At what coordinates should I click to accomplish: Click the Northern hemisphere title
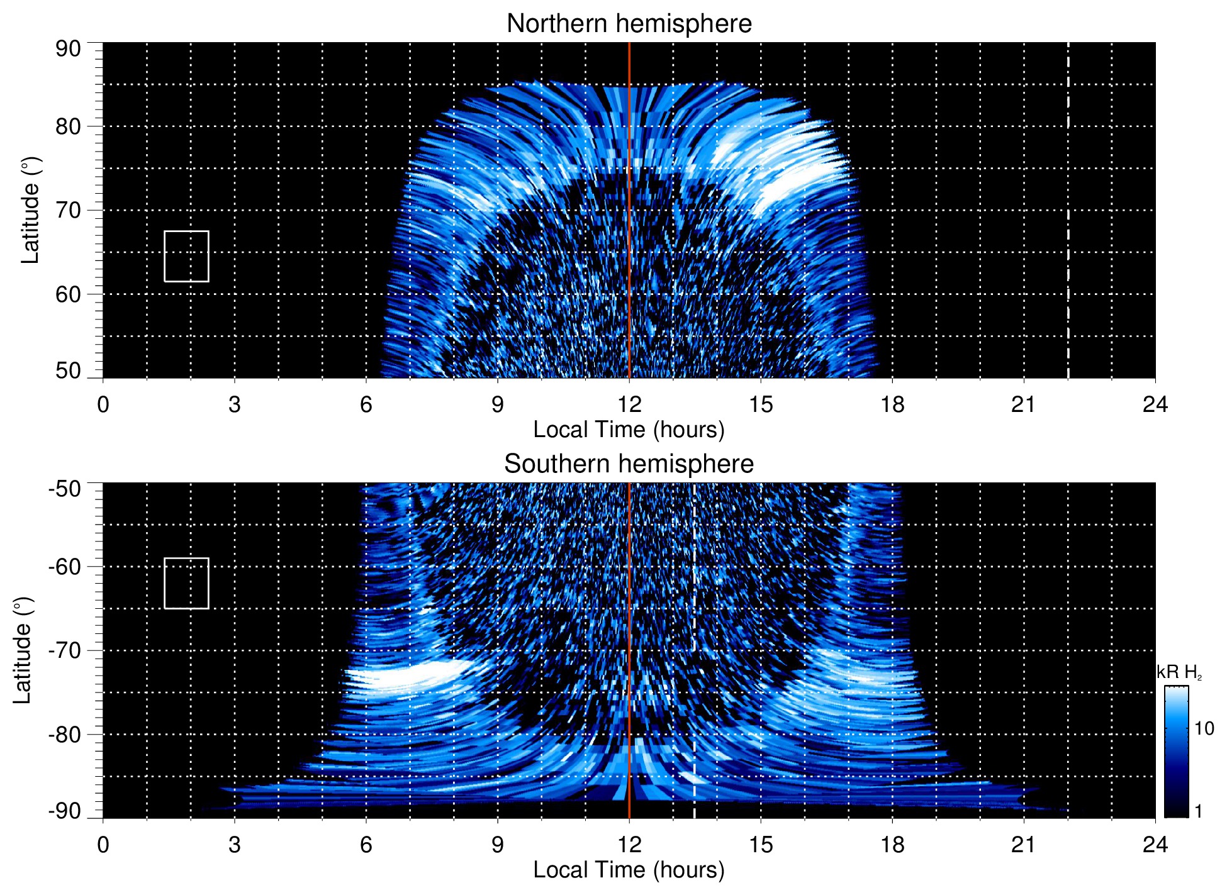point(629,24)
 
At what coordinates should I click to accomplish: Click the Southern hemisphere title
point(629,464)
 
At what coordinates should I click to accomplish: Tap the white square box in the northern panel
point(186,256)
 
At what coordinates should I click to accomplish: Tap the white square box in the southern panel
point(186,583)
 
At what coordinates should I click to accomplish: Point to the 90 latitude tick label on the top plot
point(68,49)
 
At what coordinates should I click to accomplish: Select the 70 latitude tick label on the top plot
point(68,210)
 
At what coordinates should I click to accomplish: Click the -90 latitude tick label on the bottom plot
point(65,811)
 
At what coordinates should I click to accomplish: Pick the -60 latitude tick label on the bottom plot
point(65,567)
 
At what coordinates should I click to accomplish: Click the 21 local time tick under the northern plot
point(1023,404)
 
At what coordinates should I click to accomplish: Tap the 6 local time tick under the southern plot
point(366,845)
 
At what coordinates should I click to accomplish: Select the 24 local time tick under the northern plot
point(1155,404)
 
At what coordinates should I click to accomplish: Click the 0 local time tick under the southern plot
point(103,845)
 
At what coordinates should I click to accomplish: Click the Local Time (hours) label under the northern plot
point(629,430)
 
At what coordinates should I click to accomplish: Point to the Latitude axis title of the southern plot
point(23,651)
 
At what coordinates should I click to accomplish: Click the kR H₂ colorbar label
point(1179,672)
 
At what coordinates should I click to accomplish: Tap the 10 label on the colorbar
point(1204,729)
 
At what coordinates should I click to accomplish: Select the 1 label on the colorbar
point(1198,811)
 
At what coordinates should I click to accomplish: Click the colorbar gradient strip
point(1176,752)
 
